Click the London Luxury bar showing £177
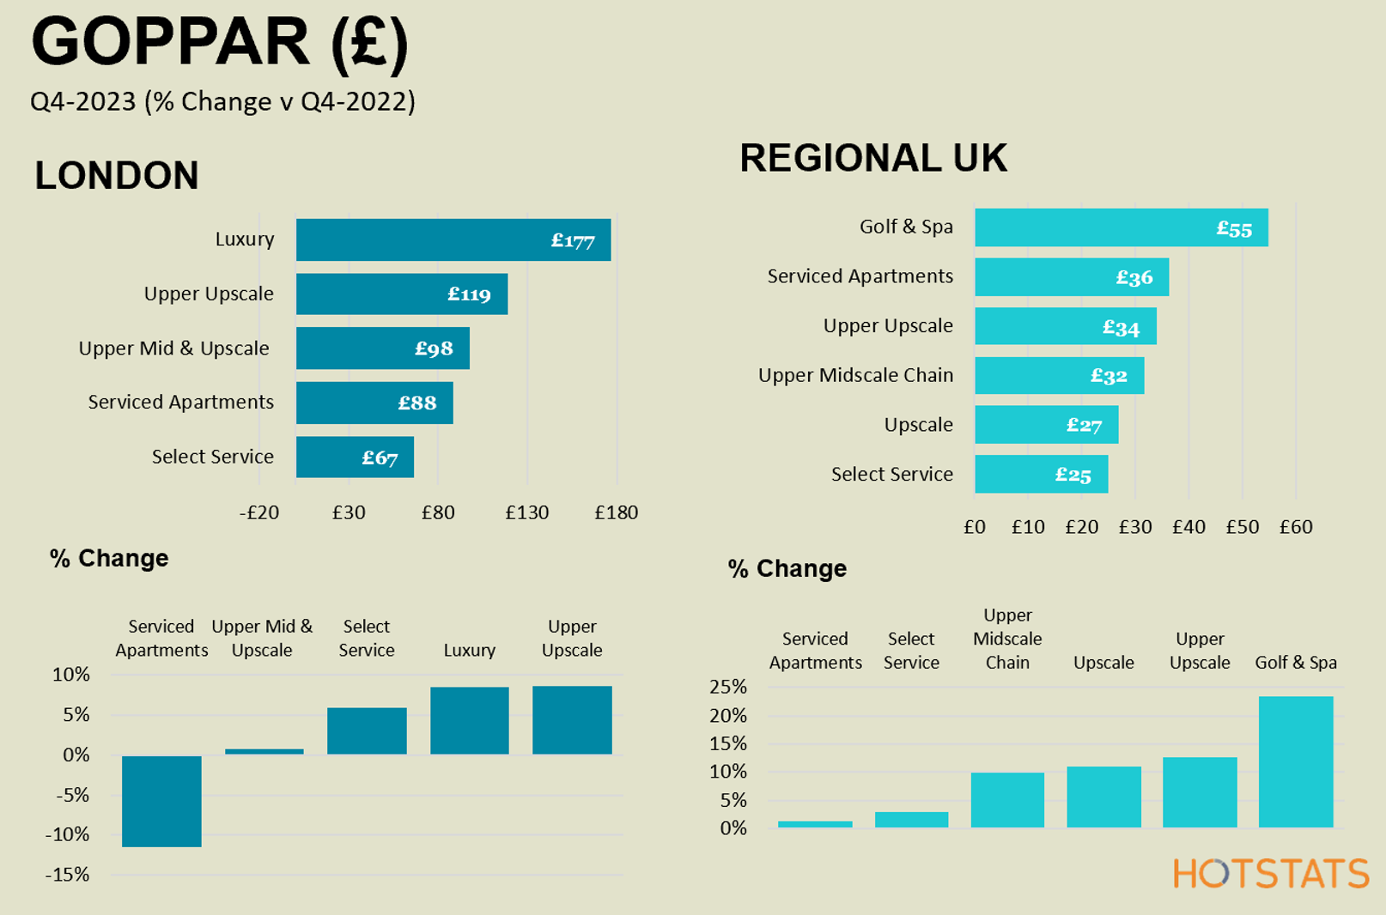pyautogui.click(x=453, y=239)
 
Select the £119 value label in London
pyautogui.click(x=469, y=294)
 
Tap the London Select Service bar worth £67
pyautogui.click(x=355, y=457)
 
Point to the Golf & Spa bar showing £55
pyautogui.click(x=1121, y=227)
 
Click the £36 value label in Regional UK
pyautogui.click(x=1134, y=277)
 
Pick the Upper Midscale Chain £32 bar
pyautogui.click(x=1059, y=375)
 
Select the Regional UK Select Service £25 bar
pyautogui.click(x=1041, y=474)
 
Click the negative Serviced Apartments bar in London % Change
pyautogui.click(x=161, y=801)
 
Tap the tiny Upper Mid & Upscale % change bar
pyautogui.click(x=264, y=751)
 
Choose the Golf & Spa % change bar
pyautogui.click(x=1295, y=761)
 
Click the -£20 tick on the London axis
pyautogui.click(x=258, y=512)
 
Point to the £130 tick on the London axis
pyautogui.click(x=526, y=512)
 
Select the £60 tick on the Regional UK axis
pyautogui.click(x=1295, y=526)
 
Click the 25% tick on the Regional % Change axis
pyautogui.click(x=727, y=687)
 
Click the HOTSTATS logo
pyautogui.click(x=1270, y=874)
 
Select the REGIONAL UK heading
pyautogui.click(x=873, y=158)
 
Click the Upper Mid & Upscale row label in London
pyautogui.click(x=173, y=348)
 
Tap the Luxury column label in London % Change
pyautogui.click(x=469, y=650)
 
